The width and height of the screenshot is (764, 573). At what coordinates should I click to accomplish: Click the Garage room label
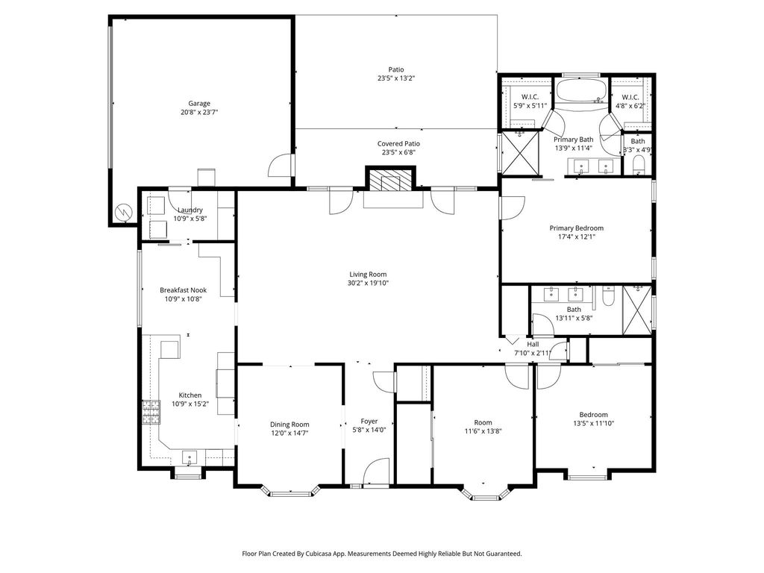pyautogui.click(x=199, y=103)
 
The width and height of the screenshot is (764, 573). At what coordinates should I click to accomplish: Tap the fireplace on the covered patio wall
pyautogui.click(x=390, y=181)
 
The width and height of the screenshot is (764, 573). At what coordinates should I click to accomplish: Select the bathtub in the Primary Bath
pyautogui.click(x=581, y=91)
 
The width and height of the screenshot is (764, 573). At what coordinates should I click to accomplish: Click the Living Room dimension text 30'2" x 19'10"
pyautogui.click(x=368, y=283)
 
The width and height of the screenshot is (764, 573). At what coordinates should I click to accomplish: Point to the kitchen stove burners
pyautogui.click(x=151, y=412)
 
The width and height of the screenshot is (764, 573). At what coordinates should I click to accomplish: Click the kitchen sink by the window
pyautogui.click(x=190, y=457)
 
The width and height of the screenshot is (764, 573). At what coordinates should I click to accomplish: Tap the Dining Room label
pyautogui.click(x=290, y=425)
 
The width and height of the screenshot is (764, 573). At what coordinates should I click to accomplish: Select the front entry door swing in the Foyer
pyautogui.click(x=376, y=471)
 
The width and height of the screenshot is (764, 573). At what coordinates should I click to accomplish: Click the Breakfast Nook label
pyautogui.click(x=184, y=290)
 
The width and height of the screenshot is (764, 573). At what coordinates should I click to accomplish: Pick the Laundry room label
pyautogui.click(x=190, y=210)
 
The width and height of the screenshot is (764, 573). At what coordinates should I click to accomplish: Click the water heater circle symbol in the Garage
pyautogui.click(x=123, y=213)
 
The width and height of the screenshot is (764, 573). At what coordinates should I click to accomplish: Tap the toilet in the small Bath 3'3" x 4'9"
pyautogui.click(x=639, y=165)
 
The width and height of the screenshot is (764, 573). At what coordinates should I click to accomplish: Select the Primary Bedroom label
pyautogui.click(x=577, y=228)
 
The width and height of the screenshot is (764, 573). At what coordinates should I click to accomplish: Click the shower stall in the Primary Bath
pyautogui.click(x=521, y=152)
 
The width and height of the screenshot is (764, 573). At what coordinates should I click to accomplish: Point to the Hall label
pyautogui.click(x=533, y=344)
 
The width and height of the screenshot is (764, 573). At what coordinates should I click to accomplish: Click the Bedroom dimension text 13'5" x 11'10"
pyautogui.click(x=593, y=424)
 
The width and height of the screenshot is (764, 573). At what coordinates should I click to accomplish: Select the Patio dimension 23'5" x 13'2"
pyautogui.click(x=396, y=78)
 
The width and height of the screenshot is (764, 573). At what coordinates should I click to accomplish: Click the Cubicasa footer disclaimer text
pyautogui.click(x=382, y=554)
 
